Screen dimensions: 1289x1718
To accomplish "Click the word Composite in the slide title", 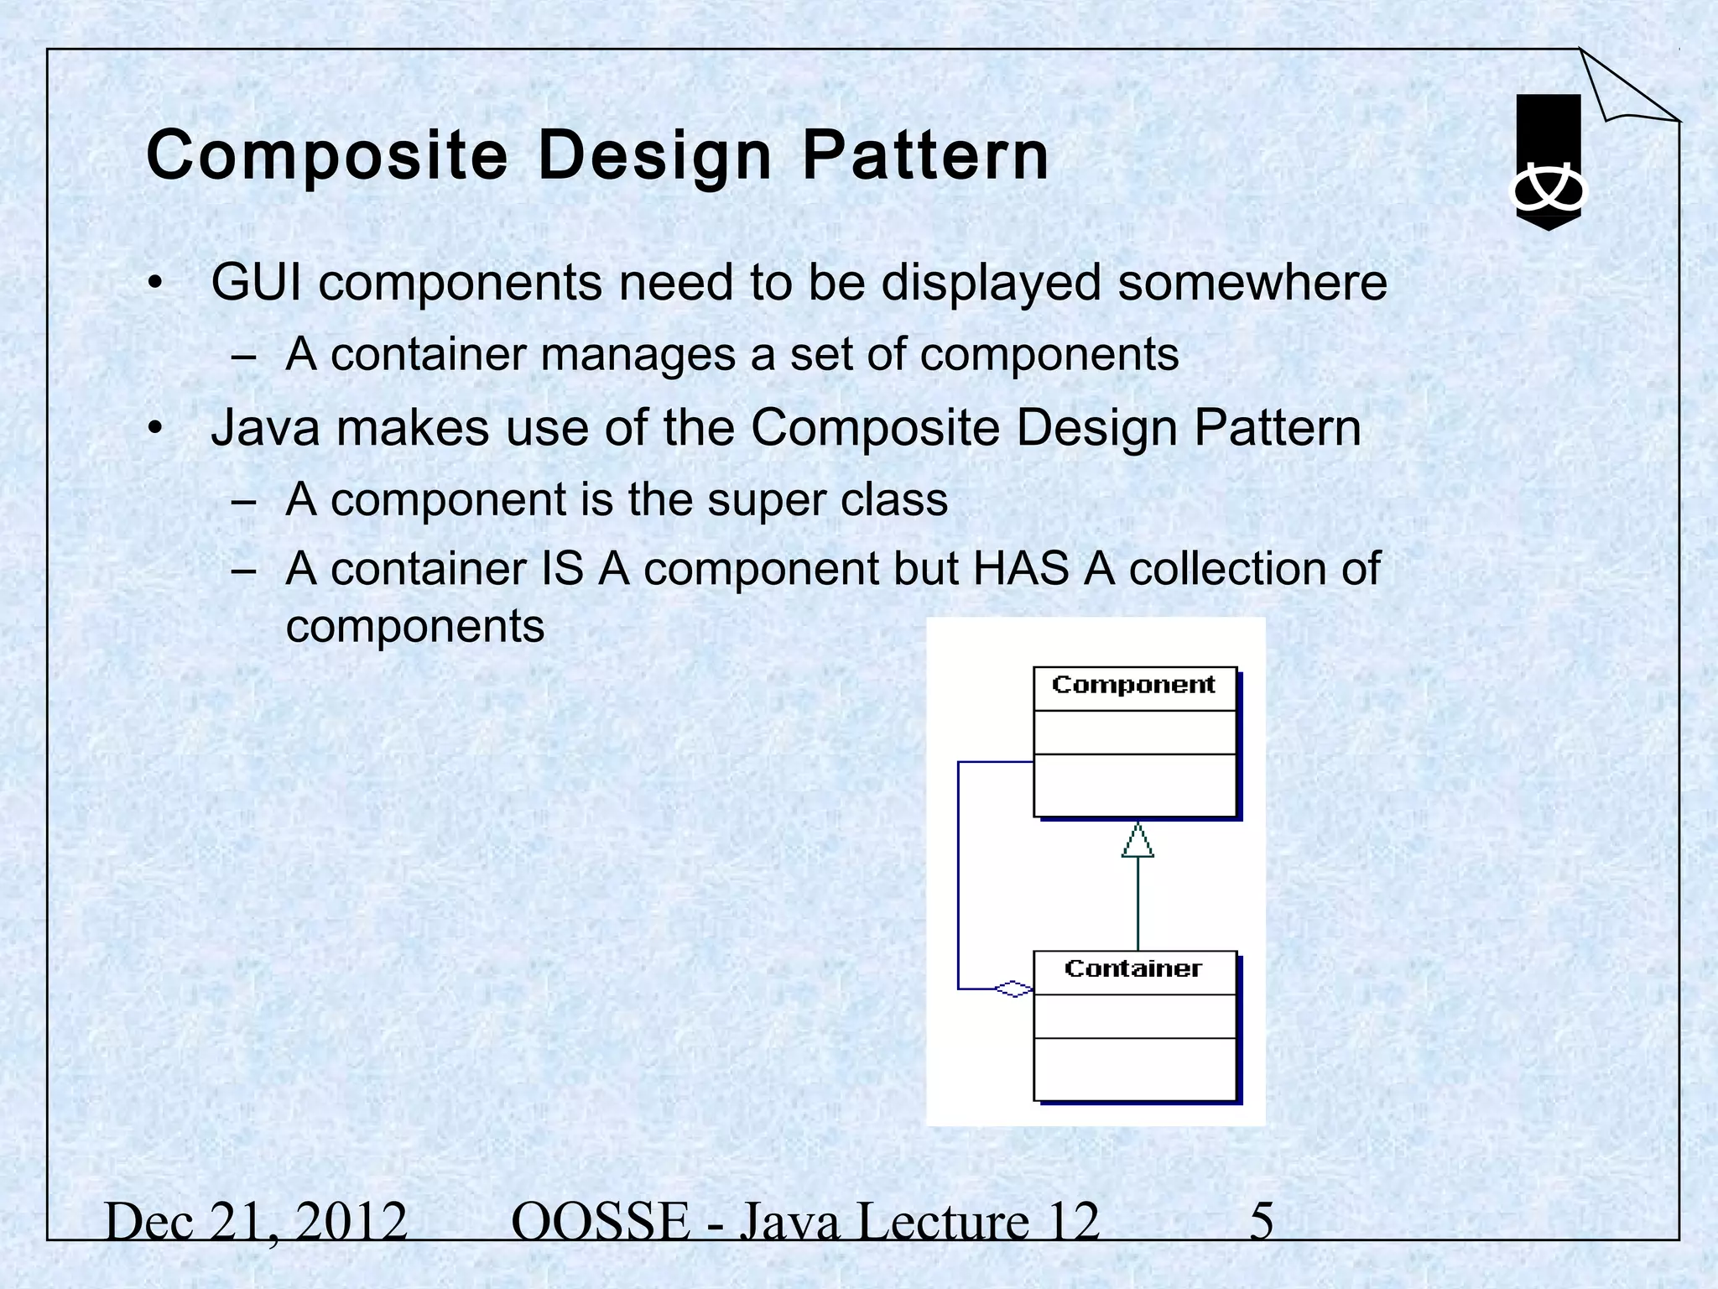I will tap(327, 157).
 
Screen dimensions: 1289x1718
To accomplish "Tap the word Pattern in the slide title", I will tap(924, 157).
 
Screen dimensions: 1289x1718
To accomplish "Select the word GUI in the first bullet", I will tap(256, 283).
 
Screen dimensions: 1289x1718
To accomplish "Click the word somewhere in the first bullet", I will tap(1252, 283).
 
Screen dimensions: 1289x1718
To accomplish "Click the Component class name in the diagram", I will tap(1133, 686).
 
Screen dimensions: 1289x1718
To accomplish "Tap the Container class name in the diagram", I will tap(1133, 969).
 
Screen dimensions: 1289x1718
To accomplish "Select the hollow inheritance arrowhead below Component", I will tap(1138, 841).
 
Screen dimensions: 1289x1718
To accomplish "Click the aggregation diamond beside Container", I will tap(1013, 989).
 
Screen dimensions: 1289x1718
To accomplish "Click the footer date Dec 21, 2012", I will tap(256, 1222).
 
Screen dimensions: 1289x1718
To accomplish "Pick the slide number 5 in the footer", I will tap(1261, 1222).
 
